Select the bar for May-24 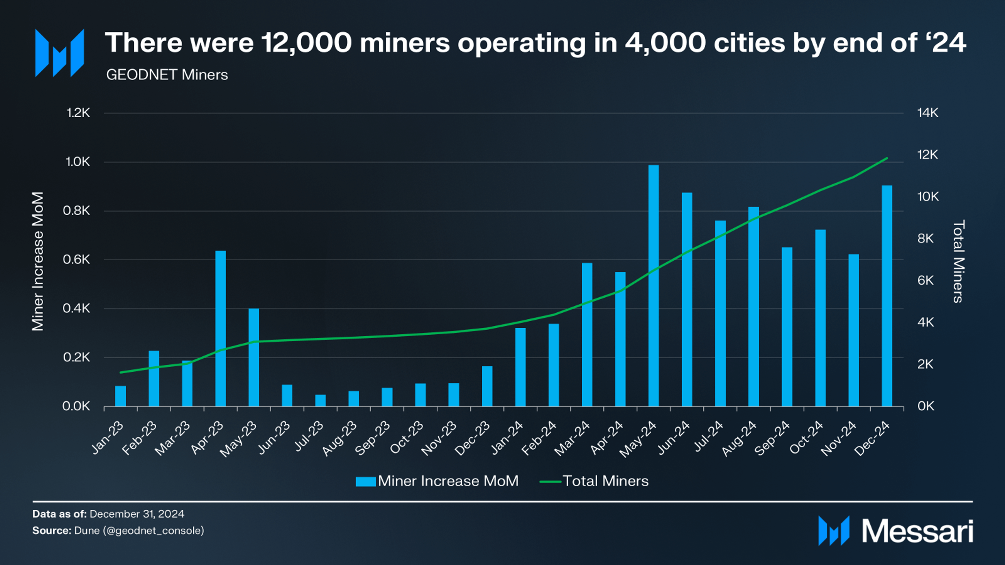[654, 286]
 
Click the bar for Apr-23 [221, 328]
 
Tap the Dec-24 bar [887, 295]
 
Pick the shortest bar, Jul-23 [320, 400]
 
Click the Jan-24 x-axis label [507, 437]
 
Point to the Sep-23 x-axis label [373, 438]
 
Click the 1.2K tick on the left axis [78, 113]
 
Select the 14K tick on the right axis [928, 113]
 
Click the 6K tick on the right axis [925, 280]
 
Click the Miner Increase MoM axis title [38, 261]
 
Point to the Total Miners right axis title [958, 262]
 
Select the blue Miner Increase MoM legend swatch [365, 482]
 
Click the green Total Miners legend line [550, 482]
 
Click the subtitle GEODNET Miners [167, 75]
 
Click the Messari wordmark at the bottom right [917, 531]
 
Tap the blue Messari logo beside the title [60, 53]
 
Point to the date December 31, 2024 [137, 514]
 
